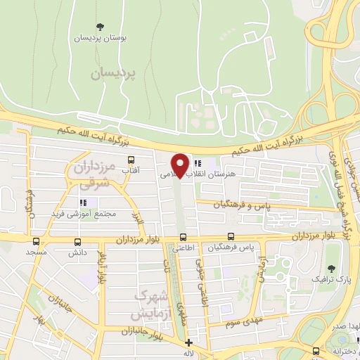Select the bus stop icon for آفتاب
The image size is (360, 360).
coord(131,159)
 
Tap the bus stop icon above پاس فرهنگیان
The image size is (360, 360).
coord(231,237)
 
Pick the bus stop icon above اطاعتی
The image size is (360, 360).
coord(183,237)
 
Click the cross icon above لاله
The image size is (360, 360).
coord(188,342)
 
